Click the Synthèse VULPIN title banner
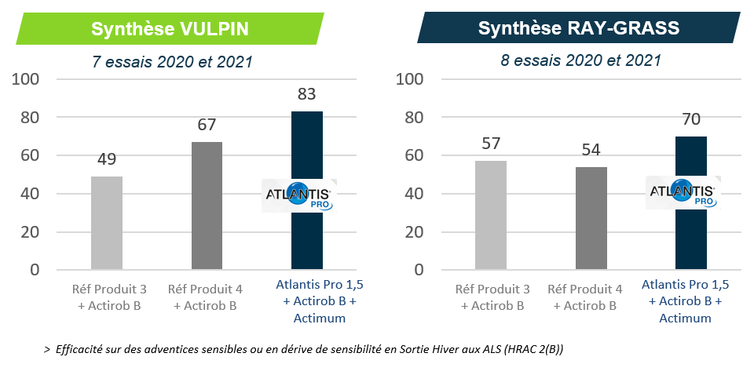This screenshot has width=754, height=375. (x=170, y=29)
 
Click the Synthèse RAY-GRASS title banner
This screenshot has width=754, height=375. (x=579, y=29)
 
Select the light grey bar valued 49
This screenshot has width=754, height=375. (x=107, y=223)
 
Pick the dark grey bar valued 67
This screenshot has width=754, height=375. (x=207, y=206)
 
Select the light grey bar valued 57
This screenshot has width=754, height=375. (x=491, y=215)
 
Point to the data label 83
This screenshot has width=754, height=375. (x=307, y=95)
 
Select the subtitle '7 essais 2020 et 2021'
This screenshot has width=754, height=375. (x=169, y=60)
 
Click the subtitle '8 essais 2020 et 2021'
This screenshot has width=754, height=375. (x=580, y=60)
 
